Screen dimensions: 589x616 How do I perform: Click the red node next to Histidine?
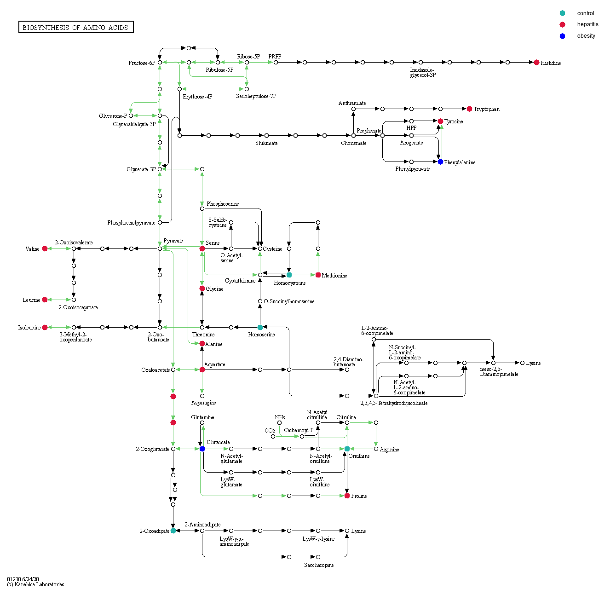click(536, 63)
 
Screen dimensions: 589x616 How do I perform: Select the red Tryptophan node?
click(469, 109)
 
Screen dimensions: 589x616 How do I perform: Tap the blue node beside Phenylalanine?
click(440, 162)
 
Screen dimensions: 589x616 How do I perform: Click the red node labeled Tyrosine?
click(440, 121)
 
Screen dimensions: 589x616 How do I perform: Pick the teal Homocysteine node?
click(289, 275)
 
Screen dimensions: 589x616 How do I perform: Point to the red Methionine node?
click(318, 275)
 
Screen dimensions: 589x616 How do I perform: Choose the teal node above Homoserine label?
click(260, 328)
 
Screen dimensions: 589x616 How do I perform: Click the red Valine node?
click(45, 249)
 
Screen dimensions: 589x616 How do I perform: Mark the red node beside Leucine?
click(45, 300)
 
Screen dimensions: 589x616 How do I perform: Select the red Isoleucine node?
click(45, 328)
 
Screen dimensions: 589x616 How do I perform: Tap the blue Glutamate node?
click(202, 449)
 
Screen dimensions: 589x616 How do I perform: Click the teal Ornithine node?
click(347, 449)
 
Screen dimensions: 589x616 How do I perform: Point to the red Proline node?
click(347, 496)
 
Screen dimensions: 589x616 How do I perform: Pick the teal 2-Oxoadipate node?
click(173, 531)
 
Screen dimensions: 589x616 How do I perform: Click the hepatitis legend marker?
click(562, 24)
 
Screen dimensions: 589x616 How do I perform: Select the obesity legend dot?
click(562, 36)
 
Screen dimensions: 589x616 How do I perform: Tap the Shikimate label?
click(266, 143)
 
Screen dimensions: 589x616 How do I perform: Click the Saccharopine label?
click(318, 565)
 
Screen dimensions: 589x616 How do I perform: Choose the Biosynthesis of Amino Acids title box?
click(76, 28)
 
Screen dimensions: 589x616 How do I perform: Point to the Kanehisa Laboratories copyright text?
click(36, 584)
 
